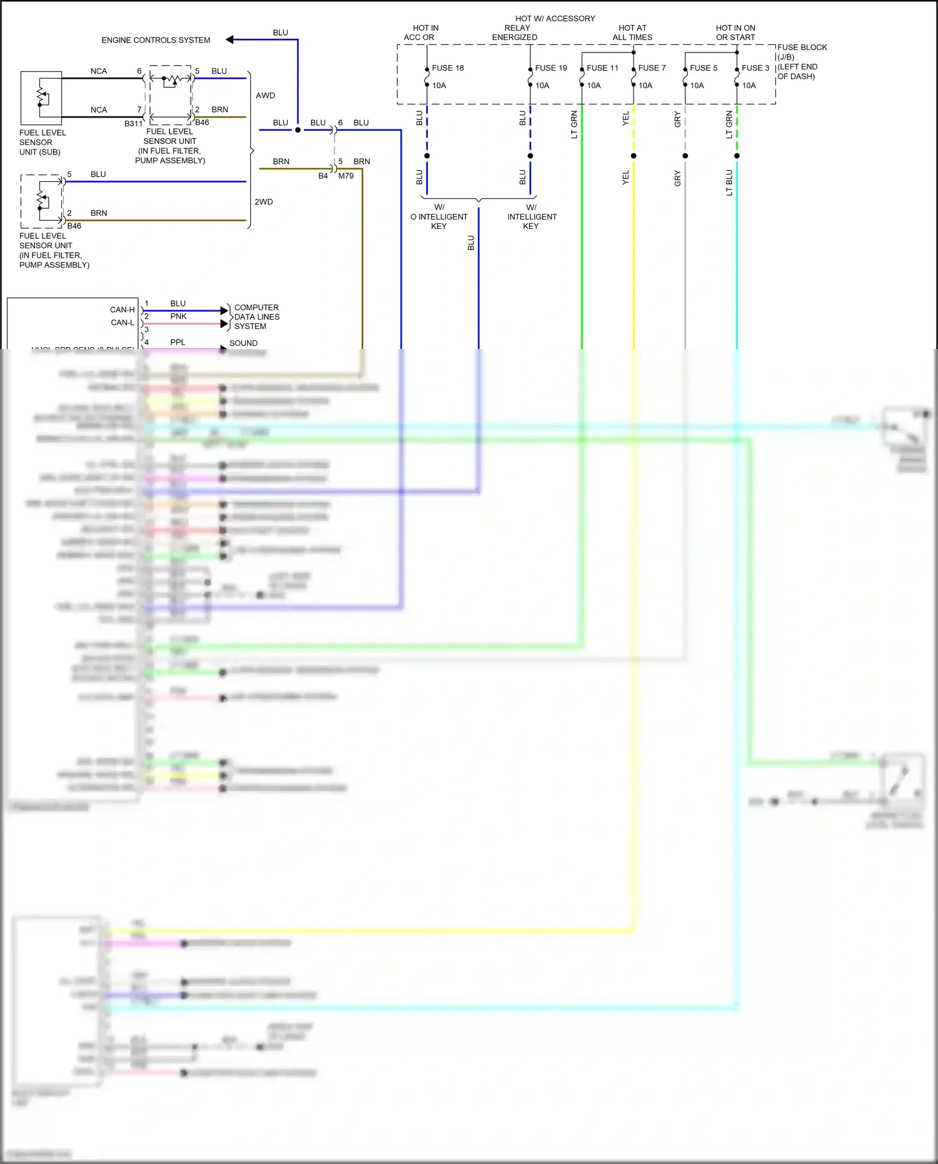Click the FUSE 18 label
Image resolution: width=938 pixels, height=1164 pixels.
pyautogui.click(x=448, y=68)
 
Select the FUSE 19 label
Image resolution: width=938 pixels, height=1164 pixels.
pyautogui.click(x=551, y=68)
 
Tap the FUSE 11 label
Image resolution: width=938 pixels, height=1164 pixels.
pyautogui.click(x=602, y=68)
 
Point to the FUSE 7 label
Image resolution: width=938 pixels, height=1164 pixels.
pyautogui.click(x=652, y=68)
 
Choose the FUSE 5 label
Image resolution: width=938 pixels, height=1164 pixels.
pyautogui.click(x=703, y=68)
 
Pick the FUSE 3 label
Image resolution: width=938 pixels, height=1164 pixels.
pyautogui.click(x=755, y=68)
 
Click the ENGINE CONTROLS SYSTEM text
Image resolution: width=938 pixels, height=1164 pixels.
pyautogui.click(x=156, y=40)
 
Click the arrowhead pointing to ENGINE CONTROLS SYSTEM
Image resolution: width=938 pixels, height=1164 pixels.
pyautogui.click(x=229, y=39)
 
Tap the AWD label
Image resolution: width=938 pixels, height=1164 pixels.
pyautogui.click(x=265, y=96)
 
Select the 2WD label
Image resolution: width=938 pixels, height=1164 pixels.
pyautogui.click(x=264, y=202)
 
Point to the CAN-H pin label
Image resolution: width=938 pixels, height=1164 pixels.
pyautogui.click(x=122, y=310)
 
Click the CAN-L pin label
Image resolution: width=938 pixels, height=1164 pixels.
pyautogui.click(x=123, y=323)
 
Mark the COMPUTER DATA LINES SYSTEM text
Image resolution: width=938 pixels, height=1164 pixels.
pyautogui.click(x=256, y=317)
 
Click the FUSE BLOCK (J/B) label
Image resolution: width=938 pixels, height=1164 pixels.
pyautogui.click(x=802, y=52)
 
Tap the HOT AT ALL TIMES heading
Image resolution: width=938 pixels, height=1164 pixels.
pyautogui.click(x=632, y=33)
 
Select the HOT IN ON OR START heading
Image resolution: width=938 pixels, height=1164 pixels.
pyautogui.click(x=735, y=33)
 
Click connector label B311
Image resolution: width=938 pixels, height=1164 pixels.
pyautogui.click(x=133, y=124)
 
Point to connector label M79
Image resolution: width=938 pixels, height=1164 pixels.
pyautogui.click(x=346, y=176)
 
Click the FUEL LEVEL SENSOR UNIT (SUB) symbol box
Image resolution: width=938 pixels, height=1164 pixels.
pyautogui.click(x=41, y=98)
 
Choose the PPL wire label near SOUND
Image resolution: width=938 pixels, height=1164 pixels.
pyautogui.click(x=178, y=343)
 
